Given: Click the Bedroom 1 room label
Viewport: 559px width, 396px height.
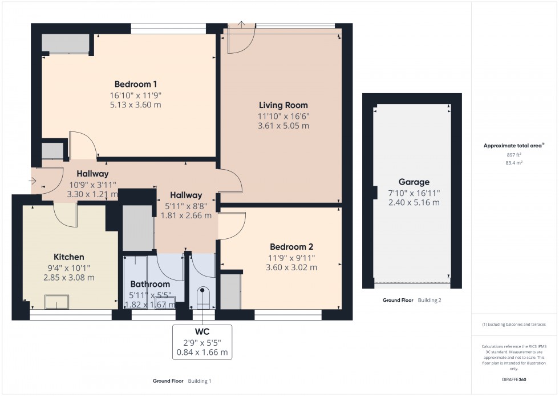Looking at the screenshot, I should [x=128, y=84].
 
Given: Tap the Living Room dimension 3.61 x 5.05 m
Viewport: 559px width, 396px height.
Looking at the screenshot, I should [x=283, y=126].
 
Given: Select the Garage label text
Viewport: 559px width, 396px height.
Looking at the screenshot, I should [x=414, y=182].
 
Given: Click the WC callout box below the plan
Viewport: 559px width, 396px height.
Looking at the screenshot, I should [x=202, y=342].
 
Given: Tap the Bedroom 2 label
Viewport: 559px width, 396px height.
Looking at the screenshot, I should [x=291, y=247].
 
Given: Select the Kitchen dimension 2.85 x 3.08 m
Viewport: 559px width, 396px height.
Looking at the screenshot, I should [x=68, y=278].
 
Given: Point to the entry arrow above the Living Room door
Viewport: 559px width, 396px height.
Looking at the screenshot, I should [x=241, y=25].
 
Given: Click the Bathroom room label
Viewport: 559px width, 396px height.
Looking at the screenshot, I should [x=150, y=284].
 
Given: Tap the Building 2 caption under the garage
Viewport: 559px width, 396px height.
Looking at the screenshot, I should [x=430, y=300].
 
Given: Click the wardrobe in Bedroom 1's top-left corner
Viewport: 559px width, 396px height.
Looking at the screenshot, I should [x=66, y=44].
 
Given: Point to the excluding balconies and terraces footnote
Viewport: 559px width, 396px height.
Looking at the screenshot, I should [x=514, y=324].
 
